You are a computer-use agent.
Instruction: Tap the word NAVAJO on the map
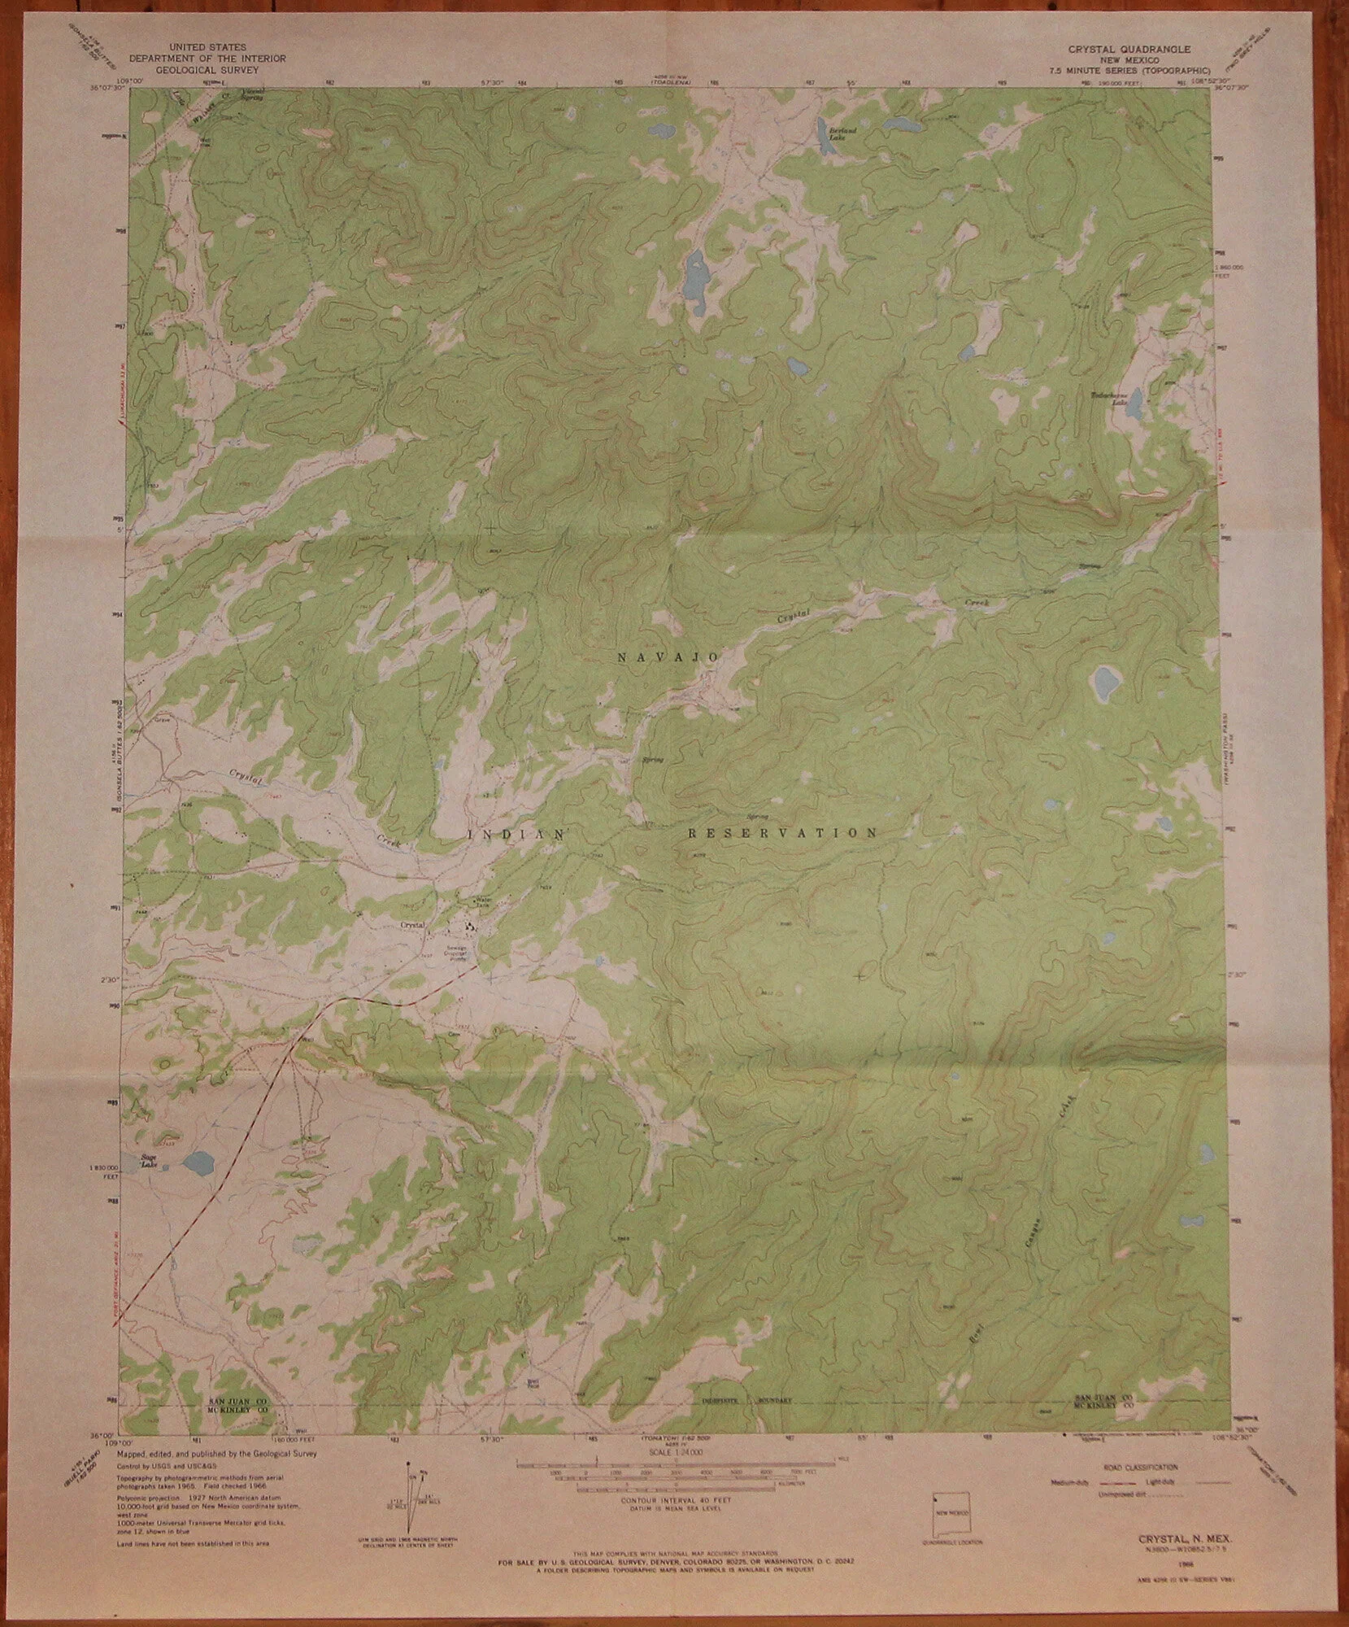click(658, 656)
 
